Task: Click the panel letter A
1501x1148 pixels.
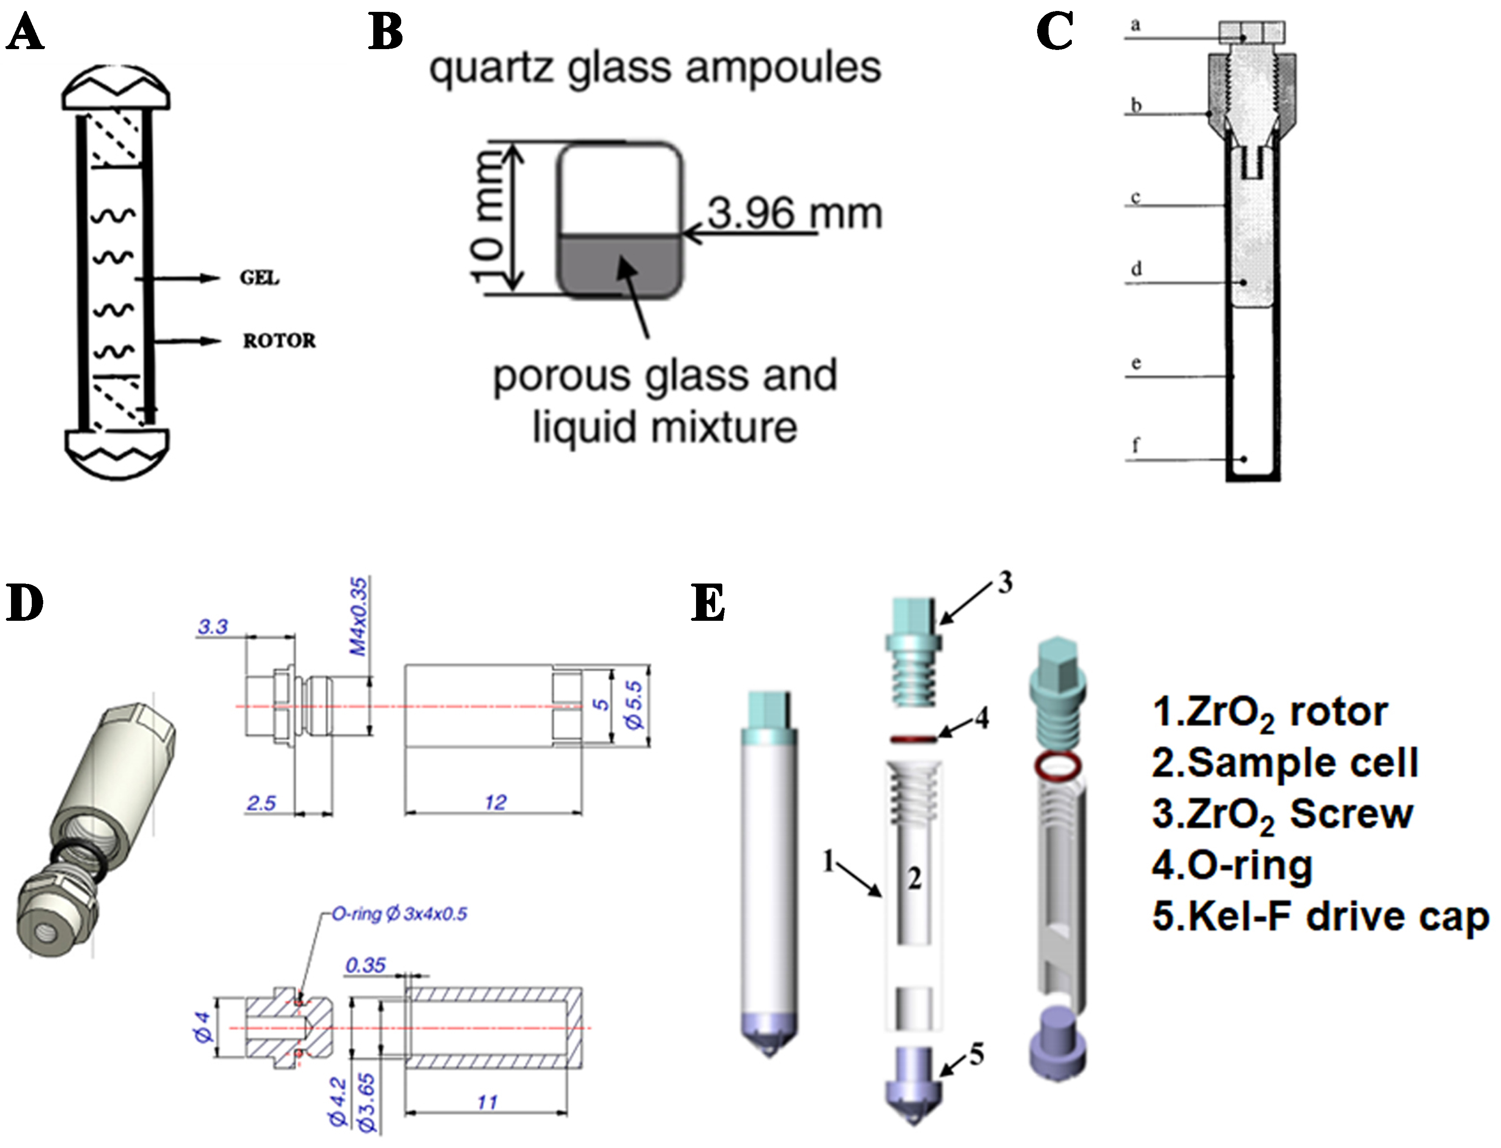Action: (x=25, y=33)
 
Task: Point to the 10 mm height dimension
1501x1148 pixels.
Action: (x=489, y=217)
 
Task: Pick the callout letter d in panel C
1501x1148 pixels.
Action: (x=1136, y=268)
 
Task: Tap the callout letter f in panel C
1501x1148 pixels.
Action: (x=1136, y=445)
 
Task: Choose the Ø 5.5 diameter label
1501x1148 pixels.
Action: (x=634, y=705)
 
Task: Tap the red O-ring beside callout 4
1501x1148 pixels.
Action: (x=914, y=738)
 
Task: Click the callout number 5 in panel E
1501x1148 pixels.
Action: (x=976, y=1054)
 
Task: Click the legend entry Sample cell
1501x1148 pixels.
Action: (x=1285, y=763)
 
